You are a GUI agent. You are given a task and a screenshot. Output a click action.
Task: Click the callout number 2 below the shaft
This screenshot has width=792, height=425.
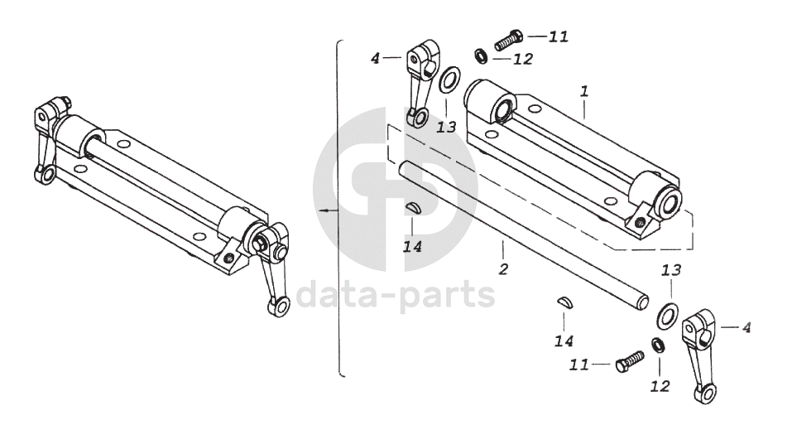[502, 268]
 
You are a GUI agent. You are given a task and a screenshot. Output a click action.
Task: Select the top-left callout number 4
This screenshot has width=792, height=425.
[375, 58]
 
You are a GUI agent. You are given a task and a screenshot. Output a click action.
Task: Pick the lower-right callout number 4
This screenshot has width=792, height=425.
[746, 327]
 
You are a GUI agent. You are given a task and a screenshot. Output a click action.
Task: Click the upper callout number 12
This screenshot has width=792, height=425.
[523, 59]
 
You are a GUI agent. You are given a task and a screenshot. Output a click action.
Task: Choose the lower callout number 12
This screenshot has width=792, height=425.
[660, 385]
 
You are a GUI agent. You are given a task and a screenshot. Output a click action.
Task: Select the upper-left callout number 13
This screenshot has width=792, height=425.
[446, 127]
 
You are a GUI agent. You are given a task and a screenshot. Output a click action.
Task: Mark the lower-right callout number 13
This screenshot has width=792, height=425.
[670, 271]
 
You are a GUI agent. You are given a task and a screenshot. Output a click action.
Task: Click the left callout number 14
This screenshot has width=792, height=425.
[411, 246]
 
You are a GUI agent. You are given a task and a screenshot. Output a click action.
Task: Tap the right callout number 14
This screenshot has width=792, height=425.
[564, 340]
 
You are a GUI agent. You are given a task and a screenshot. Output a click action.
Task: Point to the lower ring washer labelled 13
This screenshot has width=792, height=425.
[667, 314]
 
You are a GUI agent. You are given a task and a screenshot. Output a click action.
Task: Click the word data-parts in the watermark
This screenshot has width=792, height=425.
[396, 293]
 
